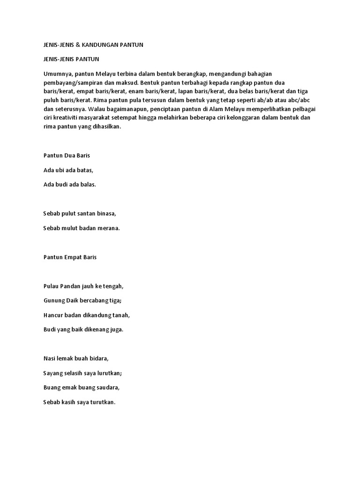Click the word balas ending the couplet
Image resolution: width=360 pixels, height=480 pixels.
(x=87, y=184)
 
